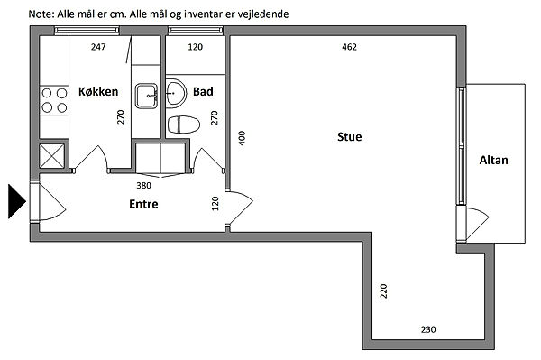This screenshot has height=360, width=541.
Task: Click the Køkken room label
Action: [98, 91]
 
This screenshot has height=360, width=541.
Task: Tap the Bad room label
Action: [203, 91]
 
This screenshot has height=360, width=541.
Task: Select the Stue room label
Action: [350, 136]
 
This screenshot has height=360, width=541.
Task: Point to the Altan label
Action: [494, 161]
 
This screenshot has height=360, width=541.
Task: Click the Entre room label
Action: [143, 204]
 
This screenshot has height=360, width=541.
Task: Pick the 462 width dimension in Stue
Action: [349, 47]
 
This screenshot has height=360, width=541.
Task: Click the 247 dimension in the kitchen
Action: [98, 47]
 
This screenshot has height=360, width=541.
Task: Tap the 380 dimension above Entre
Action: [143, 185]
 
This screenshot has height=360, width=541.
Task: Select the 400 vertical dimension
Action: [242, 138]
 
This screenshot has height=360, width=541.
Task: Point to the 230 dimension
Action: [428, 329]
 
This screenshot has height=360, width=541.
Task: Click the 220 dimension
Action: [383, 291]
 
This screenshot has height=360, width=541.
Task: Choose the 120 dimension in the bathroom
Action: [196, 47]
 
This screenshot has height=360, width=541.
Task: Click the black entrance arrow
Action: [16, 201]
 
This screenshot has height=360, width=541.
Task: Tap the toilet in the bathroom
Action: [184, 125]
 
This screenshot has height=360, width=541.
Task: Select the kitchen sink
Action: [146, 96]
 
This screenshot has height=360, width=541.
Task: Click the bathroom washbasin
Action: [176, 94]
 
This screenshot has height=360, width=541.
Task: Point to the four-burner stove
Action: [54, 100]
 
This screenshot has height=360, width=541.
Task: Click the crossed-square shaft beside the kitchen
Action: [51, 156]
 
